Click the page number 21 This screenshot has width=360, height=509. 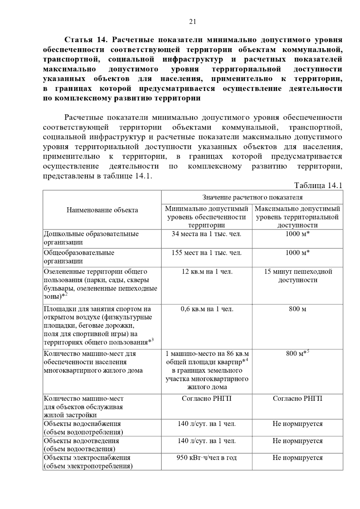pos(193,22)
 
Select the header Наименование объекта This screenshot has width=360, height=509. pos(102,210)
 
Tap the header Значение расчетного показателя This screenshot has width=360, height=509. pos(252,197)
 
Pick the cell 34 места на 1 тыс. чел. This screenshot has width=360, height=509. pos(206,234)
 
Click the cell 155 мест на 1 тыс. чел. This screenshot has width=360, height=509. pos(206,253)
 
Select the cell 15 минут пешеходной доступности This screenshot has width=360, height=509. pos(298,276)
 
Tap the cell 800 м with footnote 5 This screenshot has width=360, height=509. pos(297,353)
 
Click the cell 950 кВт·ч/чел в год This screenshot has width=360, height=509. pos(206,458)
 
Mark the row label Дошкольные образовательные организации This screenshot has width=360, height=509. pos(91,238)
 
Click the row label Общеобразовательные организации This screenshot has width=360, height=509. pos(79,257)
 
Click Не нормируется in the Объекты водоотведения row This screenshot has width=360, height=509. pos(297,441)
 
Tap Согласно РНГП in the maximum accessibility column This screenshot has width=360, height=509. pos(297,398)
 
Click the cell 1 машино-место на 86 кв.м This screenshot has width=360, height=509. pos(207,354)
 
